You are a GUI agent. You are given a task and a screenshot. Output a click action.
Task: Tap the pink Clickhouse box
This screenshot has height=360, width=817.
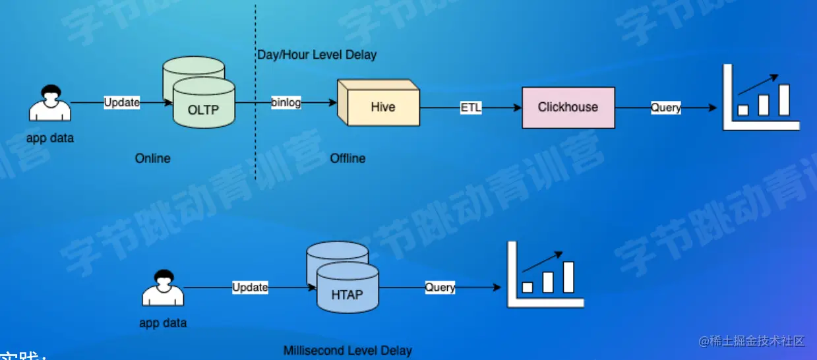click(x=568, y=107)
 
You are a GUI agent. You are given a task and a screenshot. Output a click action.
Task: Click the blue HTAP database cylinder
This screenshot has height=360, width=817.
click(x=347, y=289)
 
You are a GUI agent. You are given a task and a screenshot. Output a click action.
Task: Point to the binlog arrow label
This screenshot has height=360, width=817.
click(x=286, y=103)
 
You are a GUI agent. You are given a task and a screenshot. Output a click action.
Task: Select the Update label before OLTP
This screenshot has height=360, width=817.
click(x=122, y=103)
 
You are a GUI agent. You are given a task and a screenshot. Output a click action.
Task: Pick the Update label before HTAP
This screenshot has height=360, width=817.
click(x=250, y=287)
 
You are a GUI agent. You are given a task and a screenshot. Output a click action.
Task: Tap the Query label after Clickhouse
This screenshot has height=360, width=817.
click(x=665, y=107)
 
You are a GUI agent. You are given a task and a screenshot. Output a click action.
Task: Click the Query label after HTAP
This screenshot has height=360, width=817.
click(x=440, y=287)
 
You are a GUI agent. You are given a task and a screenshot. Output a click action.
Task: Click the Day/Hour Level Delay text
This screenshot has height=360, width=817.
click(x=317, y=55)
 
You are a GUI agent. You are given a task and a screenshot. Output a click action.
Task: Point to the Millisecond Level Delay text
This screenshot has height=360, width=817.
click(x=348, y=351)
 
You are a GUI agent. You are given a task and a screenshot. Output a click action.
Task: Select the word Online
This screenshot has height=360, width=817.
click(x=152, y=158)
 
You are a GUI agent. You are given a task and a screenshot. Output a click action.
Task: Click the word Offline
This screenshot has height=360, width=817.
click(x=348, y=158)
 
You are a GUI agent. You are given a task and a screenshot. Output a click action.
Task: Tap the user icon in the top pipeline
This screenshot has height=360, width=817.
click(x=50, y=104)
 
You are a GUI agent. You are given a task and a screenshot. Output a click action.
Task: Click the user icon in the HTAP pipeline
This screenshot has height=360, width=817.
click(x=162, y=288)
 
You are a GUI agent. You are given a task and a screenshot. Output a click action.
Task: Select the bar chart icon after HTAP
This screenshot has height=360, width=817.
click(x=545, y=275)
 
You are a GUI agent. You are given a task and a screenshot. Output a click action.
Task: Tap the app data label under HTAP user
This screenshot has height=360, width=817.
click(x=163, y=323)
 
